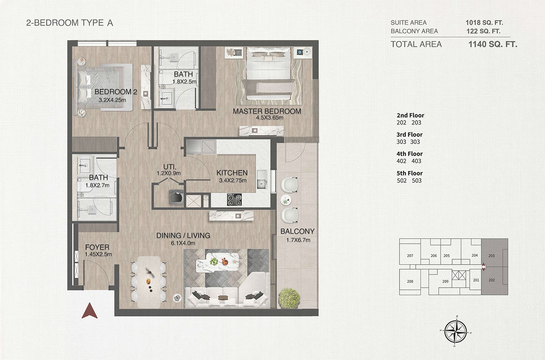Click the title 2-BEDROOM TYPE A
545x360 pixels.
point(69,23)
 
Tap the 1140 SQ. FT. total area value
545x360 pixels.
point(492,44)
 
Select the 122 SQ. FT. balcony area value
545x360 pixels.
point(483,31)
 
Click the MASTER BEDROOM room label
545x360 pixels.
point(267,111)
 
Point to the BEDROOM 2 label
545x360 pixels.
point(116,92)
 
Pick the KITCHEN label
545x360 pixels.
point(232,173)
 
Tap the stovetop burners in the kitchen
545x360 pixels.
point(234,199)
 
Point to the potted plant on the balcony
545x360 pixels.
point(289,297)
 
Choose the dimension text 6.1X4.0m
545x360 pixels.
point(183,243)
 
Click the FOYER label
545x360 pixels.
point(97,247)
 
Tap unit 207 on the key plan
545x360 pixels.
point(410,256)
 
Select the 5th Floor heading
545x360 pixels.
point(409,173)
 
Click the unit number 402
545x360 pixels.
point(401,161)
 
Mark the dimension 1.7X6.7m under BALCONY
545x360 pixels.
point(297,240)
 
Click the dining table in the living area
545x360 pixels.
point(149,282)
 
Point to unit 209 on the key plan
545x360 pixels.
point(445,281)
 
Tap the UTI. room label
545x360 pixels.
point(170,167)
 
